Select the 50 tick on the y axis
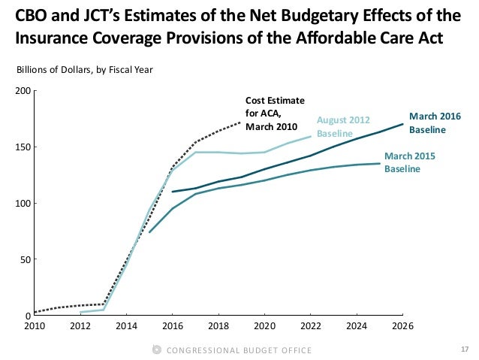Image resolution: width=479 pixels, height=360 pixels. point(24,260)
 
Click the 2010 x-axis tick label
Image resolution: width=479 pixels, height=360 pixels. point(35,326)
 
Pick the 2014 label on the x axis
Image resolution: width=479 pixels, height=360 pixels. point(126,326)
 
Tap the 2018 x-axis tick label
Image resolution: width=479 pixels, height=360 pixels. point(218,326)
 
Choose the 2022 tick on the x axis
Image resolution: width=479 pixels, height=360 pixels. point(311,326)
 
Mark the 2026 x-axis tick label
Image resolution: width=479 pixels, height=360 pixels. point(402,326)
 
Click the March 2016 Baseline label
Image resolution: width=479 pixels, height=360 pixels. point(434,123)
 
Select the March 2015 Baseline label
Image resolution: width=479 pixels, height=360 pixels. point(409,163)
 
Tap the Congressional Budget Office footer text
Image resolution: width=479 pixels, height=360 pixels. point(239,350)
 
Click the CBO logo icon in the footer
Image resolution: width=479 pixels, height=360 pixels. point(156,350)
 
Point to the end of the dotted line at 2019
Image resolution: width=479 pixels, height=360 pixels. point(241,122)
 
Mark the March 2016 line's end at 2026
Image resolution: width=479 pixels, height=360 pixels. point(402,124)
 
